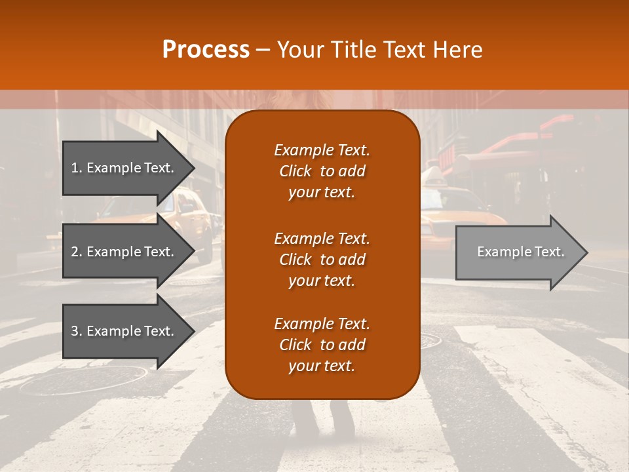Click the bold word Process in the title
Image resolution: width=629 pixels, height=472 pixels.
[x=206, y=50]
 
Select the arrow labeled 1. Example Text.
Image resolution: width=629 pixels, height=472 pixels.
[x=124, y=168]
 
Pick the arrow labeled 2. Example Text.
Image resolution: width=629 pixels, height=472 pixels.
[x=124, y=252]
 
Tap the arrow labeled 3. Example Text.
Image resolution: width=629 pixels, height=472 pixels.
[x=124, y=331]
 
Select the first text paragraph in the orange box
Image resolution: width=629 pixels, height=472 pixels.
[x=322, y=171]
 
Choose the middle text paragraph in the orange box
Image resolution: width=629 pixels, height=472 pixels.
[x=322, y=260]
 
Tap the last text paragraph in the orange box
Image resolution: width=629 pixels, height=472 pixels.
[x=322, y=345]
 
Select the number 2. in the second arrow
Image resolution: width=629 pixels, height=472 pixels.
[x=77, y=252]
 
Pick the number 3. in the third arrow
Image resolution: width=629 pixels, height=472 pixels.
[x=77, y=331]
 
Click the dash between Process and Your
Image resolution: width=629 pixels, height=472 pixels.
[x=263, y=50]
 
